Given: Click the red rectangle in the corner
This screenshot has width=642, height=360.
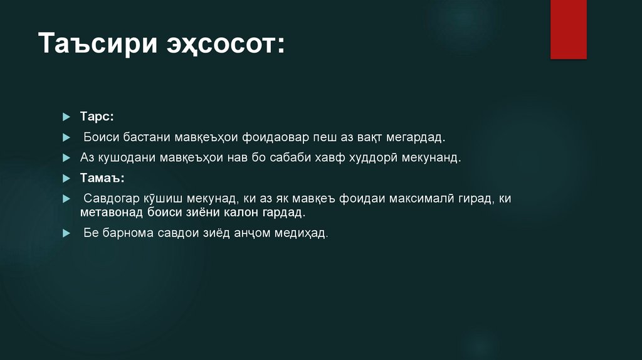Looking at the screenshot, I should tap(568, 29).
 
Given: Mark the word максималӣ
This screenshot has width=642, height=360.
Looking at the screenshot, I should tap(428, 199).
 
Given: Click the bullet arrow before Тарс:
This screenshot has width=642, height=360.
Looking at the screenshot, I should tap(66, 117).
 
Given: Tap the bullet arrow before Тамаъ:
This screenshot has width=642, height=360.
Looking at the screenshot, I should tap(66, 178).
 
